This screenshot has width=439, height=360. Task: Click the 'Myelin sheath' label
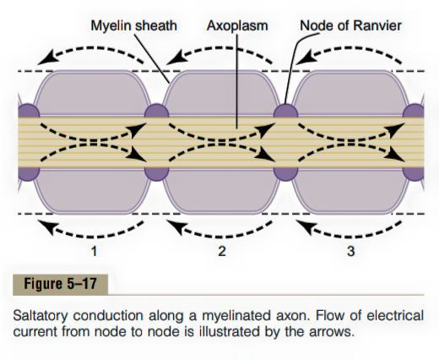coord(133,25)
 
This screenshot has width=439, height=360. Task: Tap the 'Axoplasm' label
coord(237,26)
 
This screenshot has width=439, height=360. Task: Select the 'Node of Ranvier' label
coord(350,25)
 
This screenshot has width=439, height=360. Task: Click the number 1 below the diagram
coord(95,251)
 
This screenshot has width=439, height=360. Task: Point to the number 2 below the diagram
coord(222,251)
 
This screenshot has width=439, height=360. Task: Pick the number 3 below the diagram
coord(350,251)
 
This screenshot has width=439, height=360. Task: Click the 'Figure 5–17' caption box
coord(60,284)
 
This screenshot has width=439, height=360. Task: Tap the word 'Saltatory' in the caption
coord(41,315)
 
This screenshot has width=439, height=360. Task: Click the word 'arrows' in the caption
coord(332,332)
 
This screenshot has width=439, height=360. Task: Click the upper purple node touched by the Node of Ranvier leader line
coord(285,111)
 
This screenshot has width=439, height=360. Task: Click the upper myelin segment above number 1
coord(92,93)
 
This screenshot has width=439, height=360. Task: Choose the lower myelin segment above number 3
coord(350,192)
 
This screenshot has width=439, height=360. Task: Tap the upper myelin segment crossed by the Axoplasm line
coord(221,93)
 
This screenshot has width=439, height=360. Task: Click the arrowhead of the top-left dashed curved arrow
coord(46,57)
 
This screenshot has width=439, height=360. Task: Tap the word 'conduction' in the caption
coord(108,315)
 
